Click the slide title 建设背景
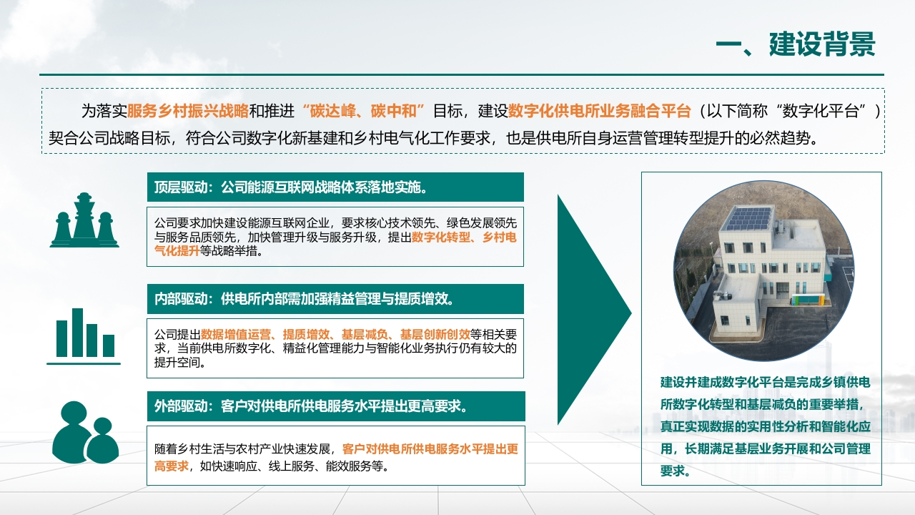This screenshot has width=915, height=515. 822,44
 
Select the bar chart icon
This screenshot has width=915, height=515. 84,336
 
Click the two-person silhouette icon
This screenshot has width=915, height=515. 85,433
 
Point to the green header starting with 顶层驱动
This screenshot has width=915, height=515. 335,187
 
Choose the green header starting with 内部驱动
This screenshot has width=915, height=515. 335,299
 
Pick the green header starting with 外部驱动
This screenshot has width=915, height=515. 336,406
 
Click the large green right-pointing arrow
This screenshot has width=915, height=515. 594,310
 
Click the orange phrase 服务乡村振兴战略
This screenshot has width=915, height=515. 187,111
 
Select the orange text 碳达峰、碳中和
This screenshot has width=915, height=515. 363,111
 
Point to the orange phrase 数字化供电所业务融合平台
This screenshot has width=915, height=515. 599,111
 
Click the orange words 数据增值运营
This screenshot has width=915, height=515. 236,334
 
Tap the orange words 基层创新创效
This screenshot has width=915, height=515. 435,334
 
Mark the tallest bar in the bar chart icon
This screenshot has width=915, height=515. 78,333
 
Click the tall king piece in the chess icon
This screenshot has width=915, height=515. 84,216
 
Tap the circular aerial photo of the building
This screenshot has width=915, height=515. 763,271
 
